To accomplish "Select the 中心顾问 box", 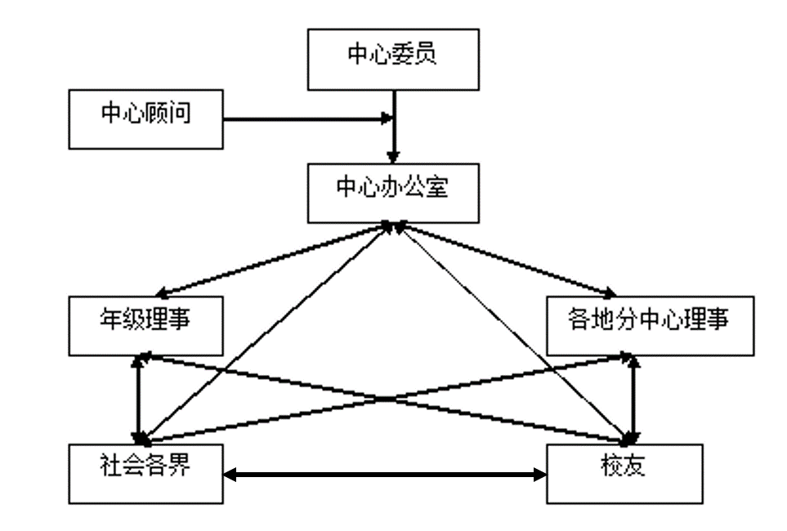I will pos(145,119).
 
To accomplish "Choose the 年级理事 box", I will pos(145,326).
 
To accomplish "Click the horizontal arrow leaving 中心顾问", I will pos(302,120).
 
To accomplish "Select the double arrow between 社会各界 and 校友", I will pos(385,475).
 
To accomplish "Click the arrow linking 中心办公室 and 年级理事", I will pos(274,260).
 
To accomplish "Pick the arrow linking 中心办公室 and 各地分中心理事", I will pos(507,260).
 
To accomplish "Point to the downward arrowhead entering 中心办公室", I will pos(394,156).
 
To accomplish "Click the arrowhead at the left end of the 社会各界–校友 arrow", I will pos(230,475).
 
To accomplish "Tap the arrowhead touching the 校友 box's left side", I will pos(540,475).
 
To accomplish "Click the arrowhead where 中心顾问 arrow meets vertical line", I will pos(387,120).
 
